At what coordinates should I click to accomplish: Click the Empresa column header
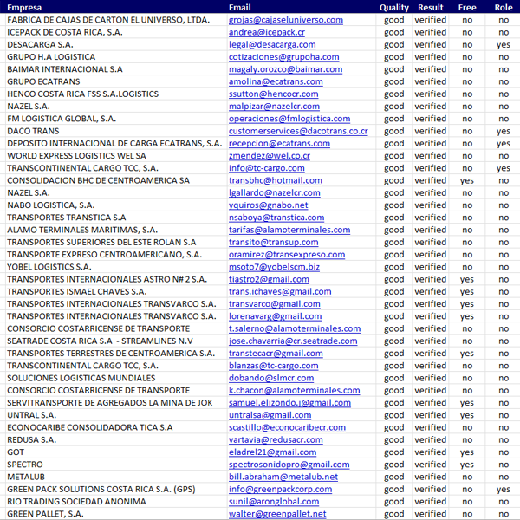(x=25, y=7)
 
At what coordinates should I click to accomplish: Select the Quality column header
(x=394, y=7)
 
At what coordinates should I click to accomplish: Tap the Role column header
(x=504, y=7)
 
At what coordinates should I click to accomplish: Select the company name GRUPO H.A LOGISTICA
(x=51, y=57)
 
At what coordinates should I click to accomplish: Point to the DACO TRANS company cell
(x=33, y=131)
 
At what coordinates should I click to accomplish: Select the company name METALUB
(x=25, y=477)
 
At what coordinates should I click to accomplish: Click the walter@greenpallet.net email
(x=277, y=514)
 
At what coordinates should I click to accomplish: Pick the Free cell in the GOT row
(x=467, y=452)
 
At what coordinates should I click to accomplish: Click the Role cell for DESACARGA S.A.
(x=504, y=44)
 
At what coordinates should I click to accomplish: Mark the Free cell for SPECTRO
(x=467, y=465)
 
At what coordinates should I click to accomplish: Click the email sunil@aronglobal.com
(x=274, y=502)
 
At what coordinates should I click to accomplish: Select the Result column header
(x=431, y=7)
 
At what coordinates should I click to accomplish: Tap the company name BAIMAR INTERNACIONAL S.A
(x=65, y=69)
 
